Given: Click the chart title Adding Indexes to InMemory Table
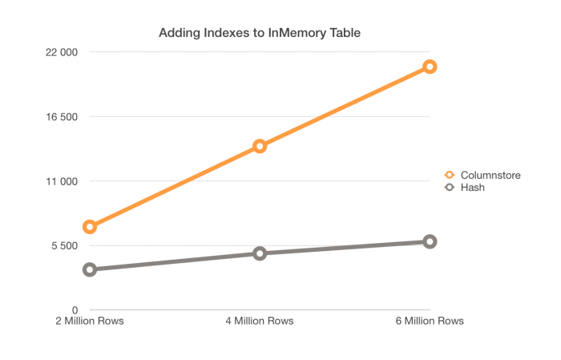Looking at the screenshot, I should [259, 33].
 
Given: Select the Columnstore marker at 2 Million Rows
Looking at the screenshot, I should [90, 227].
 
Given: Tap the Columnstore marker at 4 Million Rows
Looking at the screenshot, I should [260, 146].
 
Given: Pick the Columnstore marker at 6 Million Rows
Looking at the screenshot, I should [430, 67].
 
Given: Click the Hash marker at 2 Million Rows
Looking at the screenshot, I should [90, 269].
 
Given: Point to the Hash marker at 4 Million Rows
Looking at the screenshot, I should [260, 253].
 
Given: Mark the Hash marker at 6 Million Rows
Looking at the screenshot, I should [430, 241].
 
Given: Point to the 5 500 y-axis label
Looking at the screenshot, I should [63, 245].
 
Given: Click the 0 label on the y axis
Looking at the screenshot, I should [74, 309].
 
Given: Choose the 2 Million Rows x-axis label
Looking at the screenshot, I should [89, 322].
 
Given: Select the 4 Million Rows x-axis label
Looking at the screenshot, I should [260, 322].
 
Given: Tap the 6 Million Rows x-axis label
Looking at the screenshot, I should [430, 322].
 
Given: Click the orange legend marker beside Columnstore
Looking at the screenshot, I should [450, 175].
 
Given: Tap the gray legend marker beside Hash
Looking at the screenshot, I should [450, 187].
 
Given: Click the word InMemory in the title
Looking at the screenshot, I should [301, 33].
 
